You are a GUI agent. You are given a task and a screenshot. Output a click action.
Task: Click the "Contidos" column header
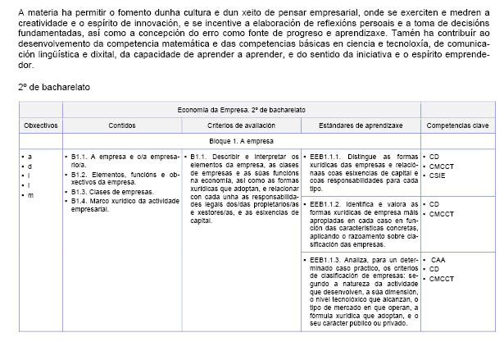[122, 125]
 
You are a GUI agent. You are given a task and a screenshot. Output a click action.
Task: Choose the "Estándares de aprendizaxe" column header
[360, 125]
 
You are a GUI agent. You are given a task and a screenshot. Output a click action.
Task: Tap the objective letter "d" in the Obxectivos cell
[30, 165]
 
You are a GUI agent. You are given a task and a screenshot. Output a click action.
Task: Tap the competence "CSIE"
[438, 175]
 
